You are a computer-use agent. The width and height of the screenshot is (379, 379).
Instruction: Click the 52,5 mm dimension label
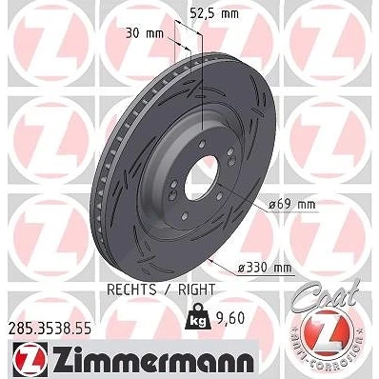[x=214, y=13]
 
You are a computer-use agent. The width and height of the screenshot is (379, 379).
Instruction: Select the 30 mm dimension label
[x=145, y=33]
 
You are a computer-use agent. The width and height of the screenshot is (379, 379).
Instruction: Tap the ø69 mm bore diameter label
[x=292, y=204]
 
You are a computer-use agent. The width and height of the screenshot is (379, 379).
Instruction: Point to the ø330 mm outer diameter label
[x=265, y=268]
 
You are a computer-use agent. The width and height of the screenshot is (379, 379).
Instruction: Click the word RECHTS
[x=131, y=289]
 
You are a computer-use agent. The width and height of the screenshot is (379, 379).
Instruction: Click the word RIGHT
[x=197, y=289]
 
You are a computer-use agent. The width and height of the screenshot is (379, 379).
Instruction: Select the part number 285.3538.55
[x=50, y=328]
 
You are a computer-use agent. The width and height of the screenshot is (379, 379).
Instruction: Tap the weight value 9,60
[x=231, y=318]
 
